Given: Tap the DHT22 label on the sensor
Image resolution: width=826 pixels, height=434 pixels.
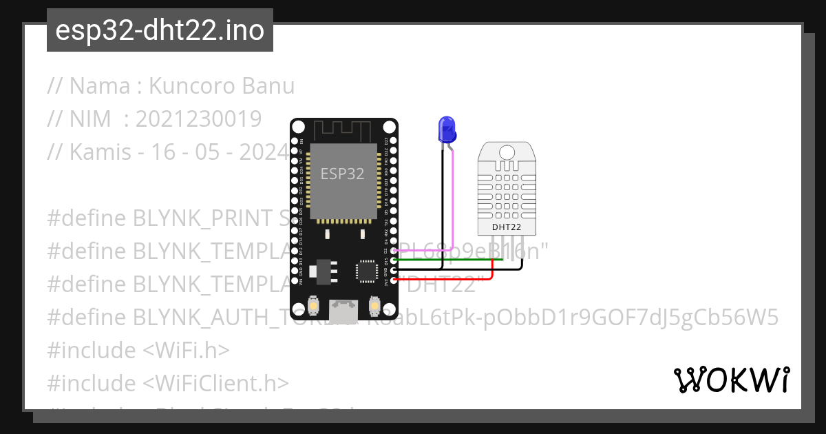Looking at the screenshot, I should pyautogui.click(x=506, y=227).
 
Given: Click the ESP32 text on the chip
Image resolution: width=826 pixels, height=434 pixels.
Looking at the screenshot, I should pyautogui.click(x=342, y=174).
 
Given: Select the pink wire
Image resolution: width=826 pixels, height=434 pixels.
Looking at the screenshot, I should pyautogui.click(x=453, y=207).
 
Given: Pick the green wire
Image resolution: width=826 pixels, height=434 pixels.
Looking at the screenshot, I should pyautogui.click(x=447, y=260).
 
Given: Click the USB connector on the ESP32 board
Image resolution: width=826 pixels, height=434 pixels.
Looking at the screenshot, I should pyautogui.click(x=343, y=312).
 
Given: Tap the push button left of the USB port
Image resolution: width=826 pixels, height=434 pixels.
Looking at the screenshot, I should pyautogui.click(x=313, y=305).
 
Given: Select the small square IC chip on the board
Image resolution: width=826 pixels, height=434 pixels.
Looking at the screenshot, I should pyautogui.click(x=366, y=270).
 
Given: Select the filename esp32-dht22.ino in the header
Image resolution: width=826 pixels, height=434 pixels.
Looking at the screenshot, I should pyautogui.click(x=160, y=31).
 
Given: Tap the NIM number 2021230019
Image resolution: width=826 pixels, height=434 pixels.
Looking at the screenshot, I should pyautogui.click(x=198, y=119).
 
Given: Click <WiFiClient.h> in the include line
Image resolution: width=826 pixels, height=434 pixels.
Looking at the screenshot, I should pyautogui.click(x=216, y=383).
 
